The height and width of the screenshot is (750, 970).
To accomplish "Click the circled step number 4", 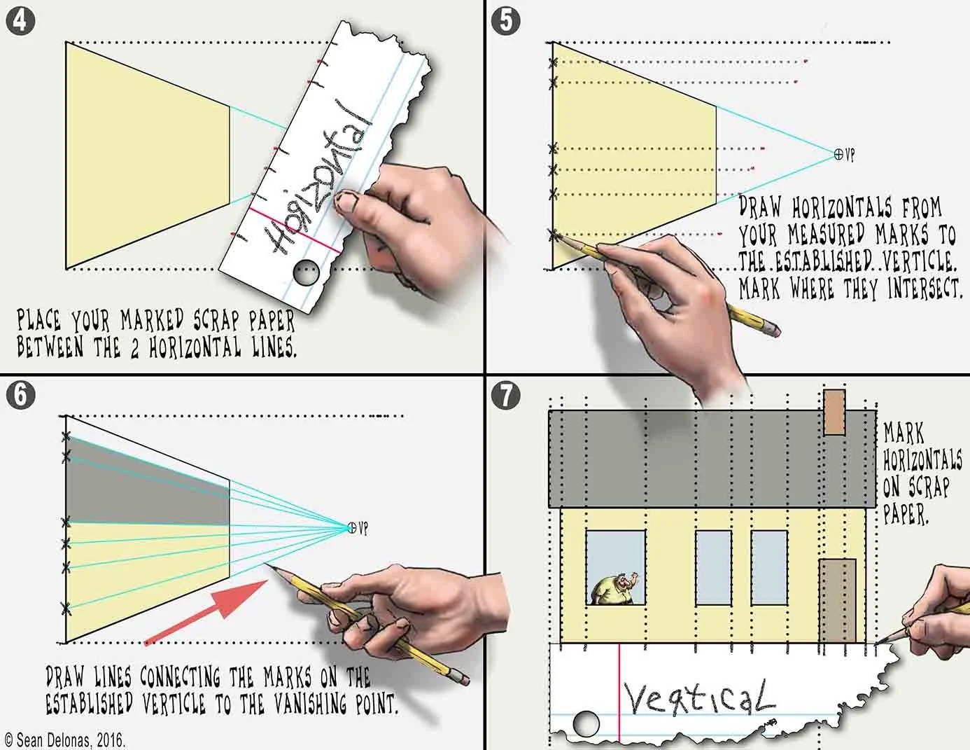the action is (20, 21).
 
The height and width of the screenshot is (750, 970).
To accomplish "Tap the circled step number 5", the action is (505, 21).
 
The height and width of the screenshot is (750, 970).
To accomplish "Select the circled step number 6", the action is (20, 395).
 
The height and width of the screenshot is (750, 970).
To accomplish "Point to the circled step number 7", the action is (505, 395).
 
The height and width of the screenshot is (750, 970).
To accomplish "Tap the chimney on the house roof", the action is (834, 412).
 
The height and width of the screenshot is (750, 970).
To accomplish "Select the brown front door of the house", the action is (837, 601).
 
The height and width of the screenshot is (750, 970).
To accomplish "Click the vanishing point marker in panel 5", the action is (838, 154).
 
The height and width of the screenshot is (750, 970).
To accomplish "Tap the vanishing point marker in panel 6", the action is (352, 527).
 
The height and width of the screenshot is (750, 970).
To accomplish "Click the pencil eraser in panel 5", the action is (773, 330).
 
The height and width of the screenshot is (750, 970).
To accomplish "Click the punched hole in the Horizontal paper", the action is (307, 272).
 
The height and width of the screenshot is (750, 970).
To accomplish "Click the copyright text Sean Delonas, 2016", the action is (64, 739).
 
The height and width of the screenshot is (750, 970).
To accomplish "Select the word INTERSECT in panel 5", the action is (925, 288).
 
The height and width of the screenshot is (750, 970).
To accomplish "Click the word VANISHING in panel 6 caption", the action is (310, 704).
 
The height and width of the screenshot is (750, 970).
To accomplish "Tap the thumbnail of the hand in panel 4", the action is (346, 202).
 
